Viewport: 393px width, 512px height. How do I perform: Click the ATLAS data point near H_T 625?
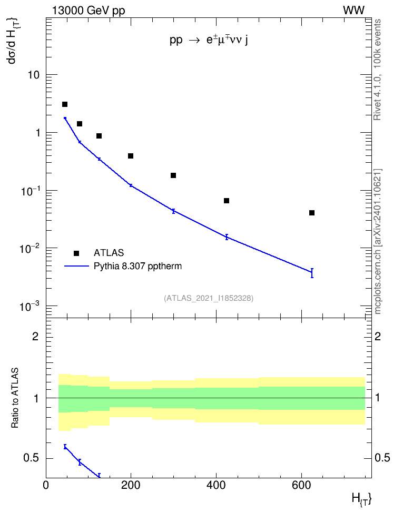click(x=312, y=213)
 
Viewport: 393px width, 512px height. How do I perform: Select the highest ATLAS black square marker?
click(x=65, y=104)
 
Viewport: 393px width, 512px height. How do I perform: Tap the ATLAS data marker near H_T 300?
click(x=173, y=175)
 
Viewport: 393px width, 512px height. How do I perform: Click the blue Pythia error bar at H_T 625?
click(x=312, y=273)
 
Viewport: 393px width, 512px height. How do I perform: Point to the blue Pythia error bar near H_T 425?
click(x=227, y=237)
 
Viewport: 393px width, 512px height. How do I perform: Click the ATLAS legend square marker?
click(x=76, y=253)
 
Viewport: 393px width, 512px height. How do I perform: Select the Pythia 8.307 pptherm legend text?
click(x=137, y=266)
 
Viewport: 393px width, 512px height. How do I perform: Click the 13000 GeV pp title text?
click(x=89, y=11)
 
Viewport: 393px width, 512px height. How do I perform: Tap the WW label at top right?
click(x=353, y=11)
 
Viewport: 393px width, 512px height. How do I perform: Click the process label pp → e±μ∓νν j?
click(x=209, y=40)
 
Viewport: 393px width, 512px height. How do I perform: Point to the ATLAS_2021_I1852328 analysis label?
click(x=209, y=298)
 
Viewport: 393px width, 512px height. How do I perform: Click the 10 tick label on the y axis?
click(x=33, y=75)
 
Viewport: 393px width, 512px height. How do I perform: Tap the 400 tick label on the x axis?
click(x=216, y=485)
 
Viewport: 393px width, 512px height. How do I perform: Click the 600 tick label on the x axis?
click(x=301, y=485)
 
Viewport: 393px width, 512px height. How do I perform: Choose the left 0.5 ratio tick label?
click(x=32, y=458)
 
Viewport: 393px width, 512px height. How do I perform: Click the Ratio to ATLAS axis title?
click(x=15, y=398)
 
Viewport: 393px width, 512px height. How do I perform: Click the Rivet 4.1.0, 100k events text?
click(x=377, y=70)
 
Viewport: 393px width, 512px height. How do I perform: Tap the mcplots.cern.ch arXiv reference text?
click(x=378, y=241)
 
